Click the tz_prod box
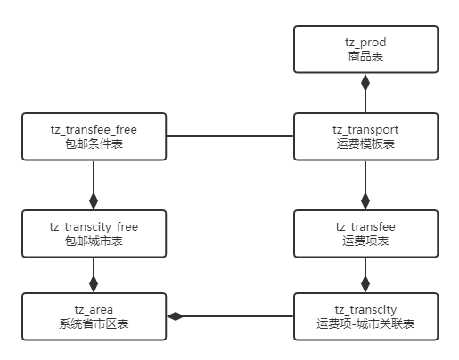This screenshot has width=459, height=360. click(365, 49)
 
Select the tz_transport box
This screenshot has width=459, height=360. click(365, 136)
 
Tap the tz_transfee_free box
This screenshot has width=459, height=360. click(94, 136)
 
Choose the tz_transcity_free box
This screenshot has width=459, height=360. click(94, 233)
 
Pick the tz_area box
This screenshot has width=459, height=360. click(94, 316)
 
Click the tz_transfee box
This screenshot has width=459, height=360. click(365, 233)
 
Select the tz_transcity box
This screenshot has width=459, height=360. click(365, 316)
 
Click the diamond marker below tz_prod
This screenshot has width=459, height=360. click(365, 82)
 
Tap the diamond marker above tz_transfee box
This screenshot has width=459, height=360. click(365, 201)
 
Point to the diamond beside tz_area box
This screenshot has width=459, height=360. click(176, 316)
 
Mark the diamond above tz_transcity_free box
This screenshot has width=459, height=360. click(94, 201)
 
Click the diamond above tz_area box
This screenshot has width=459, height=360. click(94, 284)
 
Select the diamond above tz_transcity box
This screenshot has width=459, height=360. click(365, 284)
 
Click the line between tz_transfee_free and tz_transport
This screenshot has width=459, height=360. click(230, 136)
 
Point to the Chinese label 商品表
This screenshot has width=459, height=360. click(365, 56)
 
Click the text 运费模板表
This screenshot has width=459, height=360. click(365, 143)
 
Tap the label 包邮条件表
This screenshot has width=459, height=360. click(94, 143)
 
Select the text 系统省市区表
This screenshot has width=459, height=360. click(94, 323)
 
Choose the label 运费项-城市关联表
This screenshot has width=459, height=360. click(365, 323)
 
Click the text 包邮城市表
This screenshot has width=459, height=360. click(94, 241)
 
